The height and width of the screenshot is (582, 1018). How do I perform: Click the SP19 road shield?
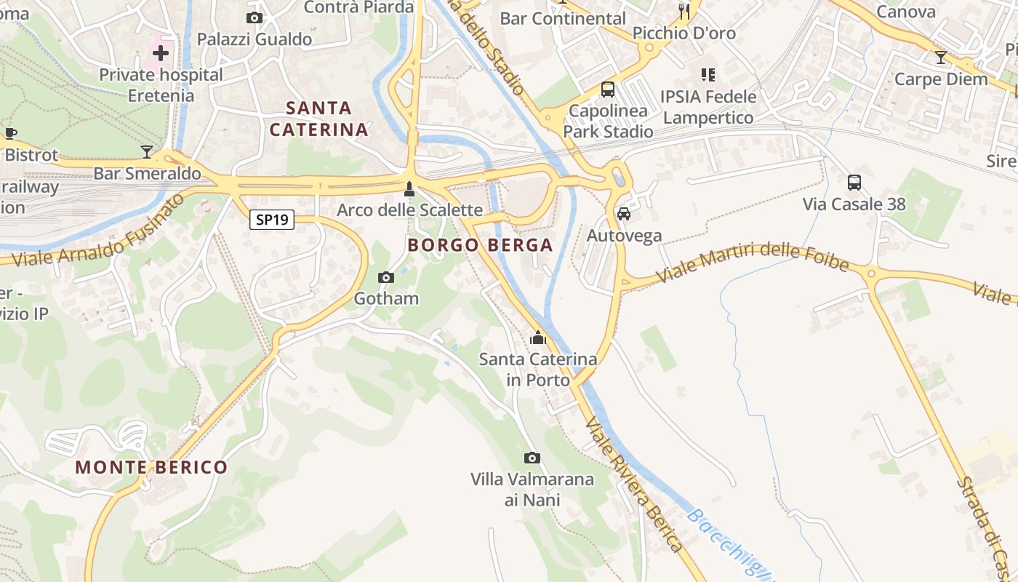(272, 219)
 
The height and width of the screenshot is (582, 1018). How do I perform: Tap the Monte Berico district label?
(151, 467)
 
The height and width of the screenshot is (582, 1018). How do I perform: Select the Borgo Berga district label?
(480, 245)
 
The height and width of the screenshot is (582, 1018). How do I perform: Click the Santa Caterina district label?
(318, 119)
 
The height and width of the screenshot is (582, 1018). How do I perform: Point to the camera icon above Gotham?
(386, 277)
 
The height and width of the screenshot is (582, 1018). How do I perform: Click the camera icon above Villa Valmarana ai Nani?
(532, 458)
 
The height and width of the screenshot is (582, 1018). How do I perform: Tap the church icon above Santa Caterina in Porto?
(538, 338)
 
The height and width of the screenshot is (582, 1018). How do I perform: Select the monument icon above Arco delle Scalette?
(409, 189)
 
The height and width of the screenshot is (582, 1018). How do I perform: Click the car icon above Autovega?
(624, 214)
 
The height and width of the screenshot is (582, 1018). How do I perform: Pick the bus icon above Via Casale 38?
(854, 183)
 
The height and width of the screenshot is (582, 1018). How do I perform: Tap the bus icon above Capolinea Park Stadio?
(608, 89)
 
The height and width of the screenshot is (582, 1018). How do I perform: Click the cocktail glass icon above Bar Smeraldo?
(148, 151)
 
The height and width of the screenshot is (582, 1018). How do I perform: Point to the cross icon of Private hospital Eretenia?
(161, 52)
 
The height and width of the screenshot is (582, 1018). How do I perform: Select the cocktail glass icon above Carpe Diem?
(941, 57)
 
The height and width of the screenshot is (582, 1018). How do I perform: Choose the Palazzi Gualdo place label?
(254, 39)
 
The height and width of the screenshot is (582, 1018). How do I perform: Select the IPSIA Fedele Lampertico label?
(708, 107)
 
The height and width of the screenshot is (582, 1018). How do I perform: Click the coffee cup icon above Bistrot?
(10, 133)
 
